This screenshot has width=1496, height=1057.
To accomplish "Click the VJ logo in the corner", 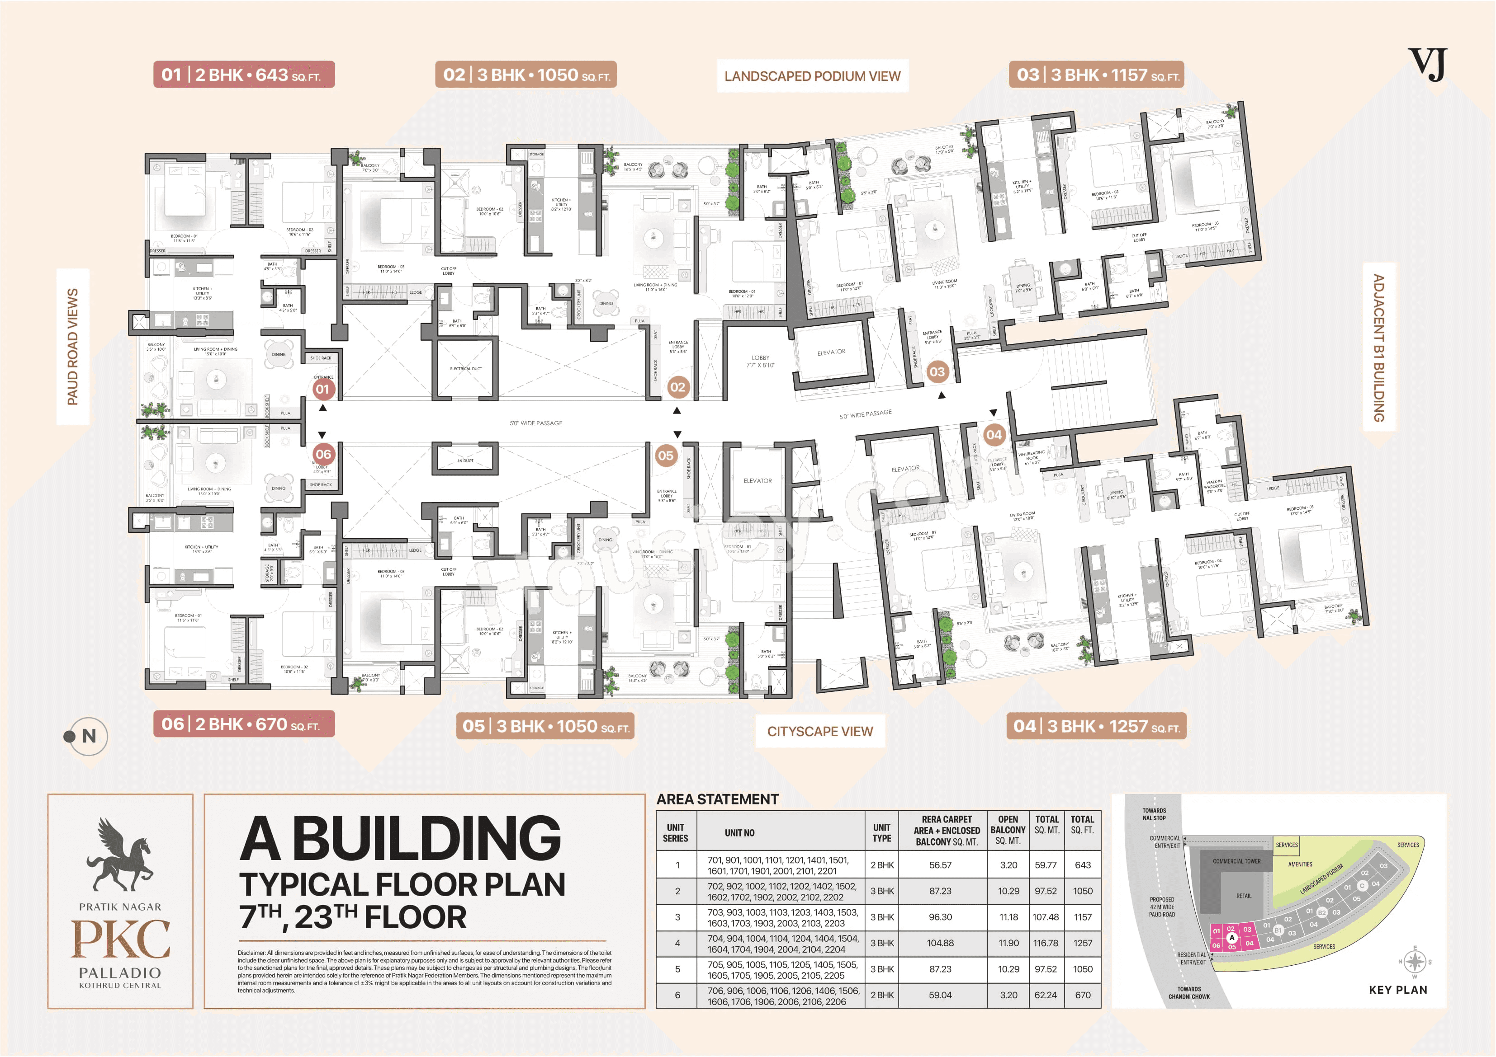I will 1427,65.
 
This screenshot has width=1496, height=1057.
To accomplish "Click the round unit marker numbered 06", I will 323,454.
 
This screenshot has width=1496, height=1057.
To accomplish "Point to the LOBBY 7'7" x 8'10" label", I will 760,362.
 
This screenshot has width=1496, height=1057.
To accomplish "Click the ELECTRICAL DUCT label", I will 466,369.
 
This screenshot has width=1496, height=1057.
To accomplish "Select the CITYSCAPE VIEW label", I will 819,731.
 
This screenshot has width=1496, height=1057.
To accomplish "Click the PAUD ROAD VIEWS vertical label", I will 72,347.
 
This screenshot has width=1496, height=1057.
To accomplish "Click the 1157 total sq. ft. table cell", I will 1082,917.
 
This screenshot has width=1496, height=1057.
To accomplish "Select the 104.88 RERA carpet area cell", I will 940,943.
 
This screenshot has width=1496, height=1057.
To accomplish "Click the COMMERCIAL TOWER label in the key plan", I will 1236,861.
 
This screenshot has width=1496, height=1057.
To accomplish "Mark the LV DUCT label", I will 465,460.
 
